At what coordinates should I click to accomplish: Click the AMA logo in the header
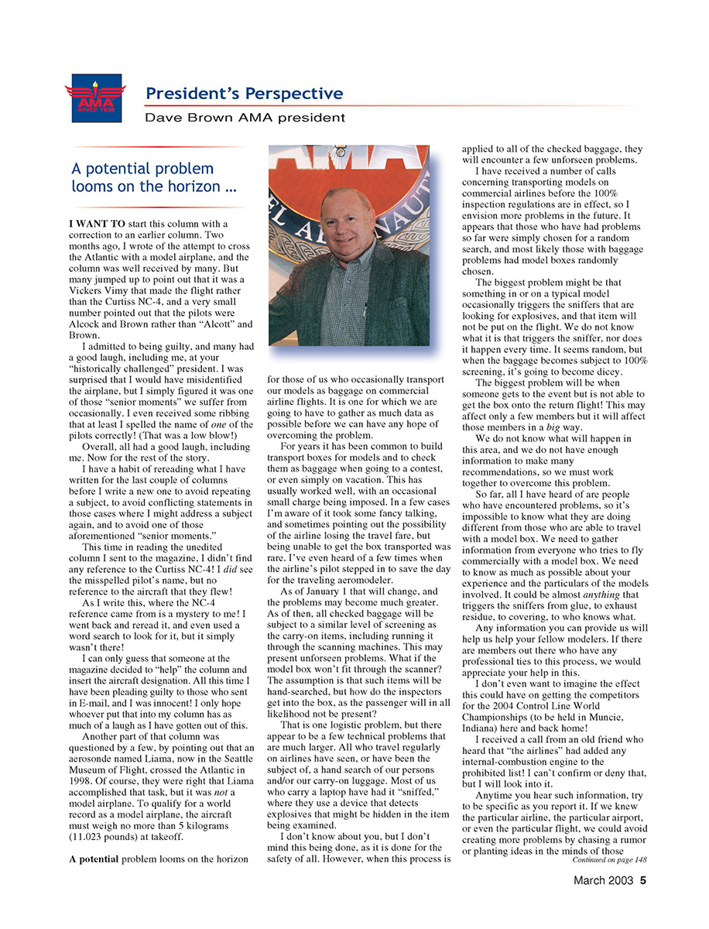[x=95, y=98]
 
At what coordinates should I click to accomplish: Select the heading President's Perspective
[x=244, y=94]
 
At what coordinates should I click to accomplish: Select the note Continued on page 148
[x=609, y=860]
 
